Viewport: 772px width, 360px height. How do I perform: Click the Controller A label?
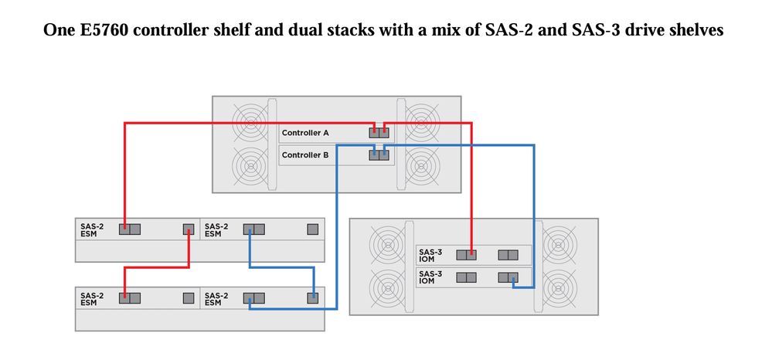305,134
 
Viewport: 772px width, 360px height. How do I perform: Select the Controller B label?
305,155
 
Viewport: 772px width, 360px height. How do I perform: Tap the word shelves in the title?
695,31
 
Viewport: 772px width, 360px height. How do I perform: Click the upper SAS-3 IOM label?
430,255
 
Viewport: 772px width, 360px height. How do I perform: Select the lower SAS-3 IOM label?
430,277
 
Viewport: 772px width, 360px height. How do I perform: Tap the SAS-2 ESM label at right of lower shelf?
216,298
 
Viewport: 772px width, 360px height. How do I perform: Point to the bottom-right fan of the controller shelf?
421,165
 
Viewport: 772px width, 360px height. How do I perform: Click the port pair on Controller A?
379,134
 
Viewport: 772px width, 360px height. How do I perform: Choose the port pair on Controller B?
379,155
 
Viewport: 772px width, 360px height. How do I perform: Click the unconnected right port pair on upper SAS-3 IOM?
508,255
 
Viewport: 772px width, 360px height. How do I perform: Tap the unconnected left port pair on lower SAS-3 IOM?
466,277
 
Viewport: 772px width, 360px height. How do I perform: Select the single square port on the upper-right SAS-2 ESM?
312,229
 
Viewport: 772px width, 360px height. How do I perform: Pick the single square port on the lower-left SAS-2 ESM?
188,298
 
